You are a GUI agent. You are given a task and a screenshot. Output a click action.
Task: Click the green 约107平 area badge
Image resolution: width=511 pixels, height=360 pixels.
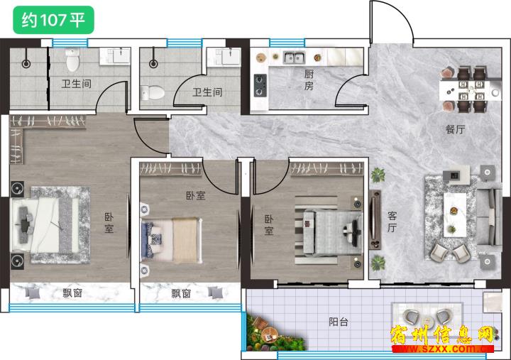(x=53, y=20)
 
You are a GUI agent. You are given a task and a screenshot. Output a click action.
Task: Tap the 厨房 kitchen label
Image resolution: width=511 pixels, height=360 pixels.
(x=309, y=80)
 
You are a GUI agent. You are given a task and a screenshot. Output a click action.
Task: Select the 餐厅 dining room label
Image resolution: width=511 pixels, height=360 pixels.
(x=455, y=129)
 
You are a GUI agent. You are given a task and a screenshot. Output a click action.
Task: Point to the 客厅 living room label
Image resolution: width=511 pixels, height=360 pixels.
(x=392, y=222)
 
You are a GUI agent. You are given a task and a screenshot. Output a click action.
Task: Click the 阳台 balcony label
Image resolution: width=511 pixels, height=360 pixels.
(x=339, y=322)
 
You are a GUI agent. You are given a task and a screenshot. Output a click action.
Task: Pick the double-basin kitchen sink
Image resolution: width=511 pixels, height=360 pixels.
(x=294, y=58)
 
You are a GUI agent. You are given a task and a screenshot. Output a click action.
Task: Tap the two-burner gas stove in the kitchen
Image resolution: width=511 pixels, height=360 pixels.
(x=260, y=85)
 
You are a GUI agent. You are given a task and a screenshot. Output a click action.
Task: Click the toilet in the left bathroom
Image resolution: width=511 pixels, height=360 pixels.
(x=72, y=60)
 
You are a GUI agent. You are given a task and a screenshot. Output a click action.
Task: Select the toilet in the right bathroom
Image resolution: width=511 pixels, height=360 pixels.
(x=153, y=93)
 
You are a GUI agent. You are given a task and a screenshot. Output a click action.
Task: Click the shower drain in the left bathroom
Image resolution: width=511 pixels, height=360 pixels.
(x=26, y=64)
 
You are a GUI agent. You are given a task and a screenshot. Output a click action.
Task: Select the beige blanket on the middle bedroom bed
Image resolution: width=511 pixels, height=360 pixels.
(x=185, y=240)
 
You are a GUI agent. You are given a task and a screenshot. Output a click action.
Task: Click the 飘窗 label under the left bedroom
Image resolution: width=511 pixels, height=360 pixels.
(x=72, y=293)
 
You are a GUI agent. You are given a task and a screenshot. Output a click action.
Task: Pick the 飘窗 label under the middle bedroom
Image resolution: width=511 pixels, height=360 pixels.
(x=181, y=293)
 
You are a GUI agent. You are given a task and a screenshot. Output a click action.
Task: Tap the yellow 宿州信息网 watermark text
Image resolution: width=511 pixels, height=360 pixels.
(x=442, y=335)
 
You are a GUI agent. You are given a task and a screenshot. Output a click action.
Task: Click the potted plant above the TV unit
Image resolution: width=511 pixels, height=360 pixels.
(x=378, y=175)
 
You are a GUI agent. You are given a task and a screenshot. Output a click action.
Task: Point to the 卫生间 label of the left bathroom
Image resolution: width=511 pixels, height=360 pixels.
(x=77, y=84)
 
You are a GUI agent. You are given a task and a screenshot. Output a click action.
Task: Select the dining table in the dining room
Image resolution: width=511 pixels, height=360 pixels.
(x=468, y=89)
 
